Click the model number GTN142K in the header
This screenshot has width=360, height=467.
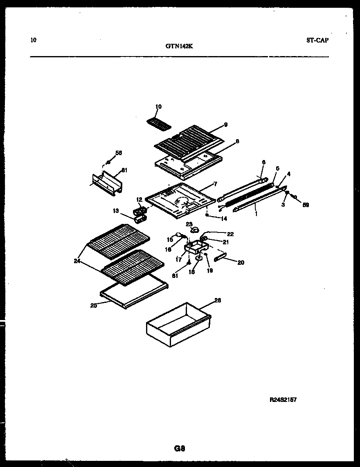(179, 46)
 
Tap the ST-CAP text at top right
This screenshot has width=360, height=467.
(317, 40)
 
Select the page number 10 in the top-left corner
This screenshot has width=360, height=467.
(33, 40)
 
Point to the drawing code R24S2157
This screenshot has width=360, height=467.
(283, 399)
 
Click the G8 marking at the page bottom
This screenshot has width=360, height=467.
(180, 448)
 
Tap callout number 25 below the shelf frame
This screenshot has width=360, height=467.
(94, 305)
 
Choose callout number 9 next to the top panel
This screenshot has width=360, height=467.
(225, 125)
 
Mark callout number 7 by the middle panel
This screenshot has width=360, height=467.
(215, 185)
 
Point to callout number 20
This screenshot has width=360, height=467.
(241, 262)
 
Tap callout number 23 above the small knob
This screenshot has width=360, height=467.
(189, 224)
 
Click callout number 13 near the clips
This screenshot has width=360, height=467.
(116, 211)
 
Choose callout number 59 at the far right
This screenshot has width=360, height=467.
(306, 205)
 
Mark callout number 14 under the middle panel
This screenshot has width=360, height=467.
(224, 219)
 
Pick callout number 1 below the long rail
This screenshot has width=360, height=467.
(256, 213)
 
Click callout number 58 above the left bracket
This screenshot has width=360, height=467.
(119, 153)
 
